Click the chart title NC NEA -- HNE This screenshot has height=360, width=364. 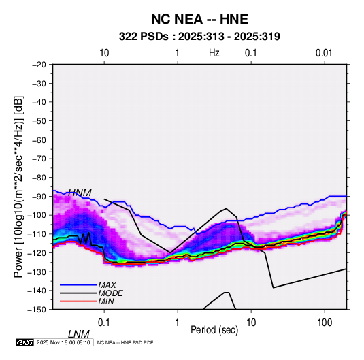point(199,19)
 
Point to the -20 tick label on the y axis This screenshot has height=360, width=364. point(39,65)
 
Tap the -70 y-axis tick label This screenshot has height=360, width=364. point(39,159)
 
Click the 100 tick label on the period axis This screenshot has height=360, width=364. point(325,323)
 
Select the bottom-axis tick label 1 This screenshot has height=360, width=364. point(178,323)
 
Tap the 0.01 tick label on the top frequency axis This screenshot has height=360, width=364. point(324,53)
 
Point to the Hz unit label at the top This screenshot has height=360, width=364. point(214,53)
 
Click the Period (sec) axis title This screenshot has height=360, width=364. point(214,330)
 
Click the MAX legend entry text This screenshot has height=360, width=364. point(107,284)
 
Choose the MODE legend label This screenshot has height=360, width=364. point(110,293)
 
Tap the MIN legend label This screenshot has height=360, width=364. point(106,301)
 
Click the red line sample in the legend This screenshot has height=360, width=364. point(78,301)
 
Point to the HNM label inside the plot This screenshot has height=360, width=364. point(80,193)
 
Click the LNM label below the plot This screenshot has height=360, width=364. point(78,334)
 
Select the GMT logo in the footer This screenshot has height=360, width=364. point(25,342)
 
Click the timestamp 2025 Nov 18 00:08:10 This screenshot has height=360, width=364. point(63,342)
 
